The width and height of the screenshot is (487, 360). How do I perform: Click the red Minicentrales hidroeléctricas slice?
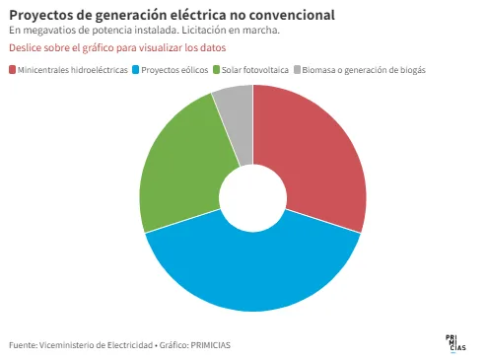(x=315, y=158)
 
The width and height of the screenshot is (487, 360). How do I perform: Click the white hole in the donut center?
(x=252, y=198)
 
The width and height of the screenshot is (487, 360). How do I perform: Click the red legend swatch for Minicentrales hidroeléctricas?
(x=13, y=70)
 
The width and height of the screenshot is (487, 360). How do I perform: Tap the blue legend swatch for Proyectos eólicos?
(x=136, y=70)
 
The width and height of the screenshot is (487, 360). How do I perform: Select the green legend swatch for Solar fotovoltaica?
(x=216, y=70)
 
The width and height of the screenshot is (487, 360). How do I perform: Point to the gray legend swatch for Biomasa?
(x=297, y=70)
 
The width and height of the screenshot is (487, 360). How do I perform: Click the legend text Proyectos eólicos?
(x=174, y=70)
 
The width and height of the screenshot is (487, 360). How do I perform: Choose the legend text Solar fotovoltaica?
(x=255, y=70)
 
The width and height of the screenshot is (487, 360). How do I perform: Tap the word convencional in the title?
(x=292, y=15)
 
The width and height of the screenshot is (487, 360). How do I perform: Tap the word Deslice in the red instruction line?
(x=25, y=48)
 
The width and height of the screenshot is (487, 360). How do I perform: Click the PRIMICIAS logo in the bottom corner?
(x=455, y=343)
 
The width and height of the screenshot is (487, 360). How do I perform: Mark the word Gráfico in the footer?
(x=174, y=345)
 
